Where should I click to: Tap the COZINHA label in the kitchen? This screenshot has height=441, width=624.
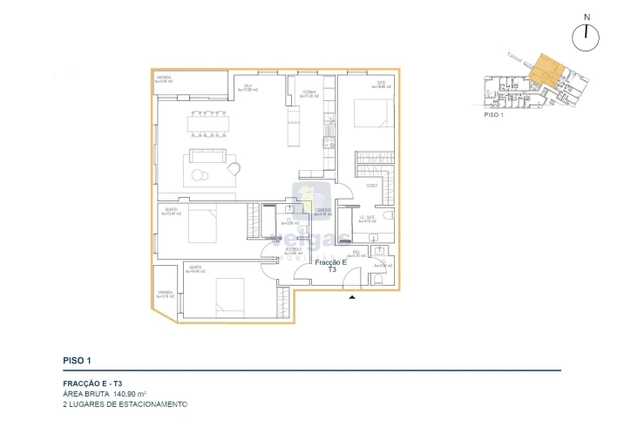[310, 92]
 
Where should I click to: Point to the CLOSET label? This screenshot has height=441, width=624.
[371, 186]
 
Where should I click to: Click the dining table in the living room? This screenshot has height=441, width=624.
[207, 124]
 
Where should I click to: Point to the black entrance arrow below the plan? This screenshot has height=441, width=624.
[352, 298]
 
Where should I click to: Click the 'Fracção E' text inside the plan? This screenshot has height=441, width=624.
[331, 262]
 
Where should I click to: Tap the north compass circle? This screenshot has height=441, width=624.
[587, 37]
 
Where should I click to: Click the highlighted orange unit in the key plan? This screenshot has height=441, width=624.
[546, 70]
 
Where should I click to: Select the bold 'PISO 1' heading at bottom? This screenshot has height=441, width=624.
[78, 360]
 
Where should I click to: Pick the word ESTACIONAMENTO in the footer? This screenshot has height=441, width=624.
[156, 404]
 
